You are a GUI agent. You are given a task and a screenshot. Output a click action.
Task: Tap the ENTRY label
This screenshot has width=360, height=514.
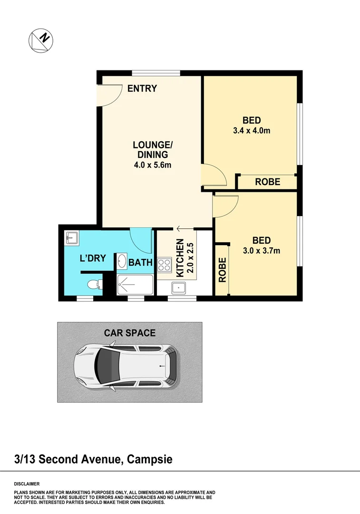(142, 89)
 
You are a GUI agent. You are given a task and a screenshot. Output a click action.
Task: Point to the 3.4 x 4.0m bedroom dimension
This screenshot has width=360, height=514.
(252, 130)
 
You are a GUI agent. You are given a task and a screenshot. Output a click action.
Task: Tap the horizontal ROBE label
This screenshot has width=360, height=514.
(267, 182)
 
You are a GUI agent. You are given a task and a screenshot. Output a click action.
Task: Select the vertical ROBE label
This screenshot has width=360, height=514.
(222, 270)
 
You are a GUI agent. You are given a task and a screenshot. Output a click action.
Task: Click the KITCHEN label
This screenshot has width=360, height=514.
(180, 258)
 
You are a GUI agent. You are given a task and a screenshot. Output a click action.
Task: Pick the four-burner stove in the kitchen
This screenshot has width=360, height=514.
(165, 264)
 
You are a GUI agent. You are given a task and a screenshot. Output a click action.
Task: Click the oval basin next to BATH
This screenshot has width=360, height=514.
(122, 261)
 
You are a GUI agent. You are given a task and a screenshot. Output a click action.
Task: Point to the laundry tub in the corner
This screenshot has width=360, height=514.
(72, 237)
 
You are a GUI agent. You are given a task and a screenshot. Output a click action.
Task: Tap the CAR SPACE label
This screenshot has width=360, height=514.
(130, 333)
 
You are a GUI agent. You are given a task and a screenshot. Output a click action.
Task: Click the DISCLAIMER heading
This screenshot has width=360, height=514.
(27, 483)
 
